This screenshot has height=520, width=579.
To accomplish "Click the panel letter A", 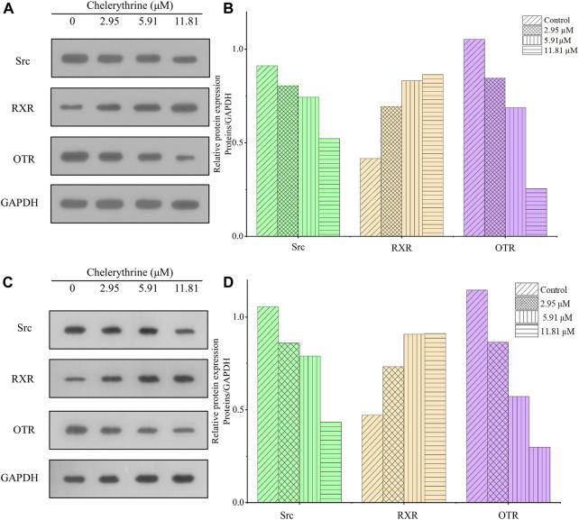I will pyautogui.click(x=8, y=10).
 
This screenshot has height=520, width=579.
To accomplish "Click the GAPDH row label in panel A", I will pyautogui.click(x=26, y=201).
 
